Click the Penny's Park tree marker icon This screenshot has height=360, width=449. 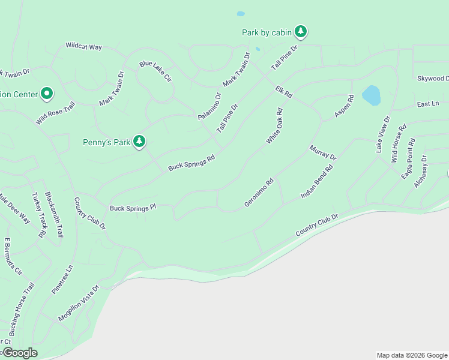(139, 142)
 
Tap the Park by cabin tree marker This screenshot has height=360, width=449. (300, 31)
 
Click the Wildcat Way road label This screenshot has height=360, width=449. (83, 46)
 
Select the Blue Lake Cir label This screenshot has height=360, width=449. (155, 71)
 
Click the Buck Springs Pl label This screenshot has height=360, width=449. (133, 208)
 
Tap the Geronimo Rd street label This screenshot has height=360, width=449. (259, 193)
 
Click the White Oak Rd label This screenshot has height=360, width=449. (274, 126)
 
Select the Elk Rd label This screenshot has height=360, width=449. (283, 92)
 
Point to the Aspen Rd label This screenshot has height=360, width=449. (344, 106)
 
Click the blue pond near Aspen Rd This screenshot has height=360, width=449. (371, 95)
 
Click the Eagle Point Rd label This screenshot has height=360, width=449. (408, 158)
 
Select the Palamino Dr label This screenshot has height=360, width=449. (209, 106)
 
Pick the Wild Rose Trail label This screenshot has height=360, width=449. (55, 113)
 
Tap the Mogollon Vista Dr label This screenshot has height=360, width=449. (78, 304)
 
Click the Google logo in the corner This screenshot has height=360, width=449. (19, 353)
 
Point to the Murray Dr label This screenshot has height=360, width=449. (323, 152)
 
